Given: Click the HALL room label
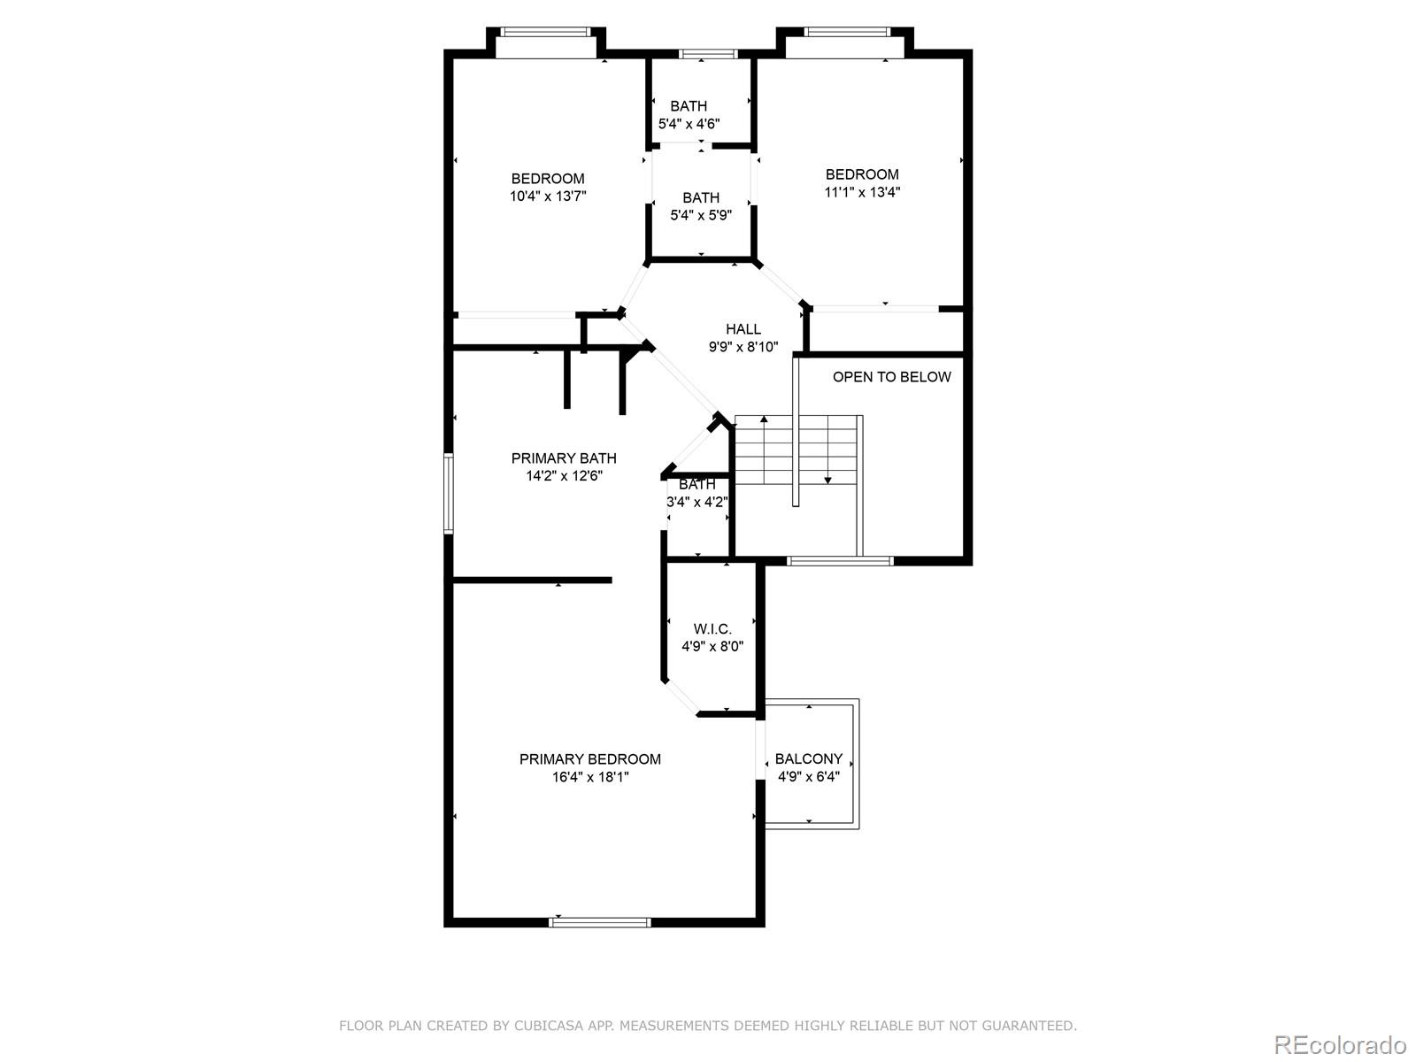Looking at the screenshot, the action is pyautogui.click(x=743, y=329).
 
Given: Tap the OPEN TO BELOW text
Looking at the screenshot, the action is pyautogui.click(x=891, y=377).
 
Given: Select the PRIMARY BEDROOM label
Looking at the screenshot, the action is pyautogui.click(x=589, y=759).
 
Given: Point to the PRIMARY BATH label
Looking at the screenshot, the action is pyautogui.click(x=564, y=458).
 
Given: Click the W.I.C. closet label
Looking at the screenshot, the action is pyautogui.click(x=712, y=629).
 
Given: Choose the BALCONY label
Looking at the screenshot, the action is pyautogui.click(x=808, y=759).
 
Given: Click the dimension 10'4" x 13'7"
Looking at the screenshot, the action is pyautogui.click(x=548, y=196).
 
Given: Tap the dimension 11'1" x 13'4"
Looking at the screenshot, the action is pyautogui.click(x=862, y=192).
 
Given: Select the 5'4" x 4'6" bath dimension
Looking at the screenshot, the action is pyautogui.click(x=689, y=124).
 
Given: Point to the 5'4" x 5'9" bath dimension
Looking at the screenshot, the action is pyautogui.click(x=701, y=215).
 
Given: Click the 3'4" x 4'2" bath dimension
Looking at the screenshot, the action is pyautogui.click(x=696, y=502).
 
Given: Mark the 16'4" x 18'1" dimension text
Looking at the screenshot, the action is pyautogui.click(x=589, y=777).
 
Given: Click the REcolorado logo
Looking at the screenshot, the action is pyautogui.click(x=1340, y=1044).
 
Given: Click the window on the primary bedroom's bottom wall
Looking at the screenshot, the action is pyautogui.click(x=599, y=923).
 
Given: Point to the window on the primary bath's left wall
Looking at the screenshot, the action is pyautogui.click(x=449, y=493).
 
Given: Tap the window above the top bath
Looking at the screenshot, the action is pyautogui.click(x=709, y=54).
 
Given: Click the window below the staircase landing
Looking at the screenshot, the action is pyautogui.click(x=840, y=561).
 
